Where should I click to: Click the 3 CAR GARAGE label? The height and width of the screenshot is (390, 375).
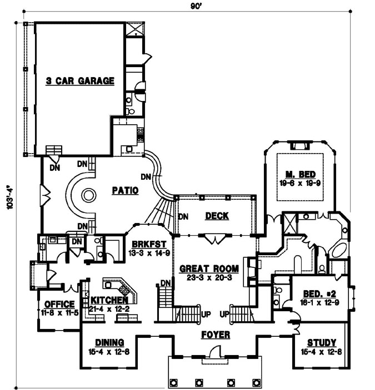pyautogui.click(x=80, y=81)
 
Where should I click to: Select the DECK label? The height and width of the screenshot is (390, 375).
pyautogui.click(x=217, y=216)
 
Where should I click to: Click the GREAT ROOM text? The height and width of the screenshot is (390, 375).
pyautogui.click(x=209, y=269)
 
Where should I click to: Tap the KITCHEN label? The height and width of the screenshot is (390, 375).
pyautogui.click(x=105, y=301)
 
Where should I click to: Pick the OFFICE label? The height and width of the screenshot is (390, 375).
pyautogui.click(x=59, y=304)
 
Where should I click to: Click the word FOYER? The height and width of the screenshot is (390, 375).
pyautogui.click(x=215, y=335)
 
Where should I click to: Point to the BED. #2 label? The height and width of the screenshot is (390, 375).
pyautogui.click(x=317, y=293)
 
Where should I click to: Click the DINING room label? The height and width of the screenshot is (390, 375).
pyautogui.click(x=109, y=342)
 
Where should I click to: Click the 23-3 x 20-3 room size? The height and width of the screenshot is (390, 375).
pyautogui.click(x=209, y=277)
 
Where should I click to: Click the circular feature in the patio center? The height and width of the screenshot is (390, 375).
pyautogui.click(x=89, y=195)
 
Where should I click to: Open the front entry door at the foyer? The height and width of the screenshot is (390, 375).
pyautogui.click(x=215, y=353)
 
